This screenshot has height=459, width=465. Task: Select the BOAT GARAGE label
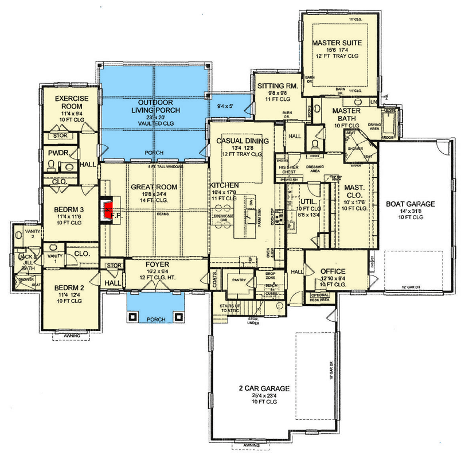[x=410, y=204]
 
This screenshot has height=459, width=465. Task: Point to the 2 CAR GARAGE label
[x=264, y=388]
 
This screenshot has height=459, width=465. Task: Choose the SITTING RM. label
[x=277, y=86]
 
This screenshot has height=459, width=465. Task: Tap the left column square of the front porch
[x=134, y=316]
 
